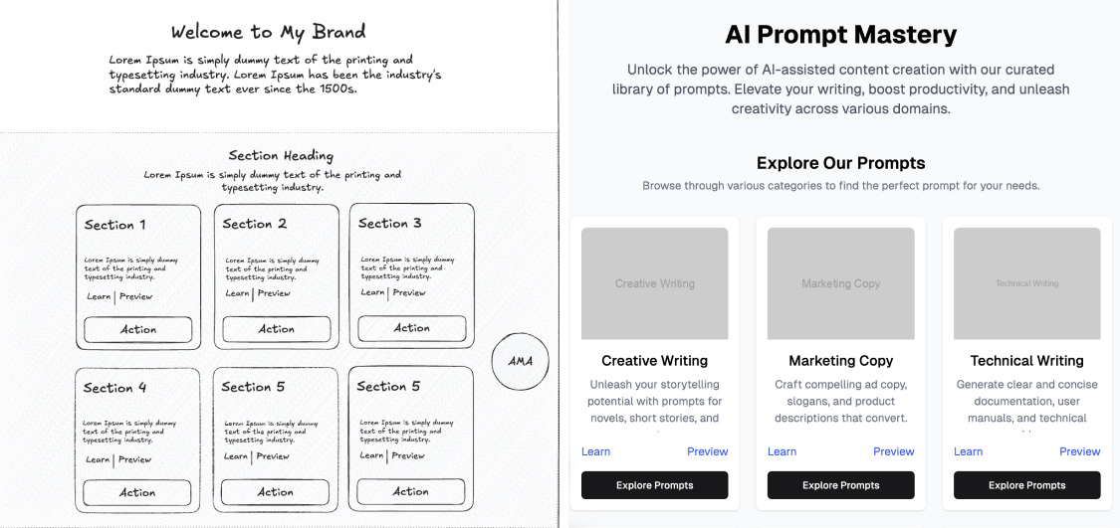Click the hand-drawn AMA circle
(x=521, y=360)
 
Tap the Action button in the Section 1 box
(x=137, y=329)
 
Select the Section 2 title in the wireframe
(x=255, y=224)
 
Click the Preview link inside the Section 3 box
(x=409, y=292)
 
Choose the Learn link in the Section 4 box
(x=98, y=459)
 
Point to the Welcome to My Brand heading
(x=268, y=32)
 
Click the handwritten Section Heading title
(x=281, y=155)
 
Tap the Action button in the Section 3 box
(x=411, y=328)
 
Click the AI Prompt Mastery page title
(x=840, y=35)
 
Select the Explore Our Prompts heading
(x=840, y=163)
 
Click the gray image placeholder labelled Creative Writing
(x=654, y=283)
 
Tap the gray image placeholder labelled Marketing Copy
(x=840, y=283)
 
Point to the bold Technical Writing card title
(x=1026, y=361)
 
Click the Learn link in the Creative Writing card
(x=595, y=451)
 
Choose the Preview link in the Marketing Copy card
(x=893, y=451)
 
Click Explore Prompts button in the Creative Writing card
(x=654, y=485)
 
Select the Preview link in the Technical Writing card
(x=1079, y=451)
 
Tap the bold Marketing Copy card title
(x=840, y=361)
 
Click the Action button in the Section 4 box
(x=137, y=492)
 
